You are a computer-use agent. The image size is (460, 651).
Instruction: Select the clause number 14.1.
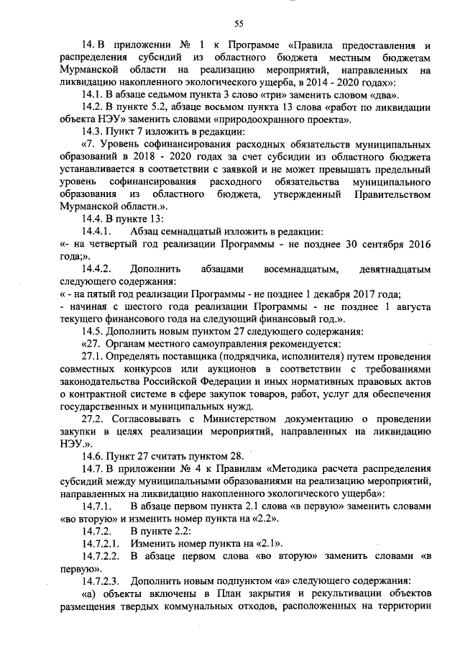click(x=93, y=94)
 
